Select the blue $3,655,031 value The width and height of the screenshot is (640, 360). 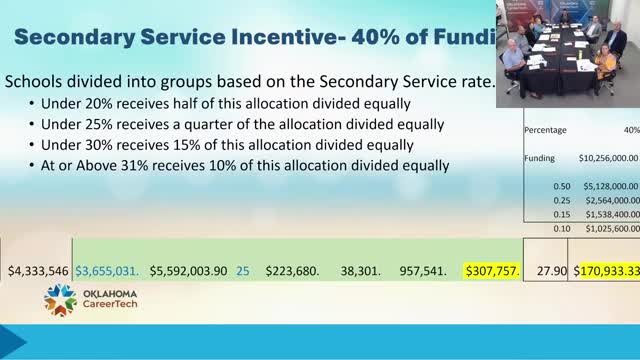pyautogui.click(x=108, y=270)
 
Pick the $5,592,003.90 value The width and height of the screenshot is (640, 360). pyautogui.click(x=188, y=270)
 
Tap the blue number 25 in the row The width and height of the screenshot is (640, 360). pyautogui.click(x=243, y=270)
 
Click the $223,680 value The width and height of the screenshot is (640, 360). pyautogui.click(x=290, y=270)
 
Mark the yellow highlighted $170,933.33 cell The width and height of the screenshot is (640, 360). pyautogui.click(x=606, y=270)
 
